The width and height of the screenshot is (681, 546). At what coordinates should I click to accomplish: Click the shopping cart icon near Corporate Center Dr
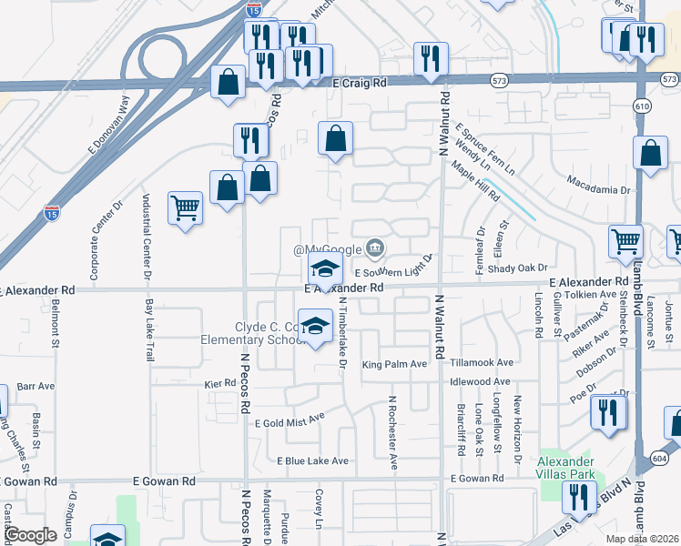coord(185,208)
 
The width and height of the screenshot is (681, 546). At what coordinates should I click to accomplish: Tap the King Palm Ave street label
coord(394,365)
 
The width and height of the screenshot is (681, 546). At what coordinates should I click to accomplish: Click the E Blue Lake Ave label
coord(312,460)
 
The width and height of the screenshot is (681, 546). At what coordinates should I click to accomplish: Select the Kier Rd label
coord(219,384)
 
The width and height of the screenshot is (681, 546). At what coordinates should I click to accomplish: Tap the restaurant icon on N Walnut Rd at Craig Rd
coord(429,59)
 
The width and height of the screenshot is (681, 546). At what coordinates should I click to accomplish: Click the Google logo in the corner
coord(30,534)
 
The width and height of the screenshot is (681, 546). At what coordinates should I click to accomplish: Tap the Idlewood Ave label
coord(480,381)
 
